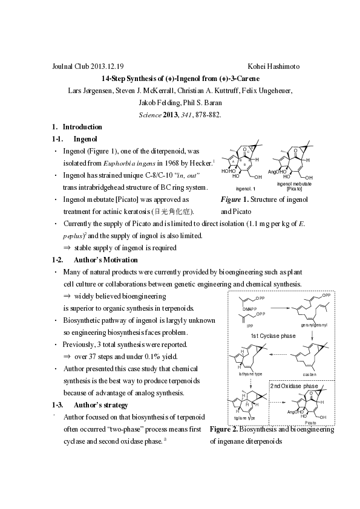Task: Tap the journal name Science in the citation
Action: point(150,114)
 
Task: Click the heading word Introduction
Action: point(82,127)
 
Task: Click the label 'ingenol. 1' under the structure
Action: point(238,189)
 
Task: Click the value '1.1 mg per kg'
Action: point(255,224)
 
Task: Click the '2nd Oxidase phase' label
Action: point(293,386)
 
